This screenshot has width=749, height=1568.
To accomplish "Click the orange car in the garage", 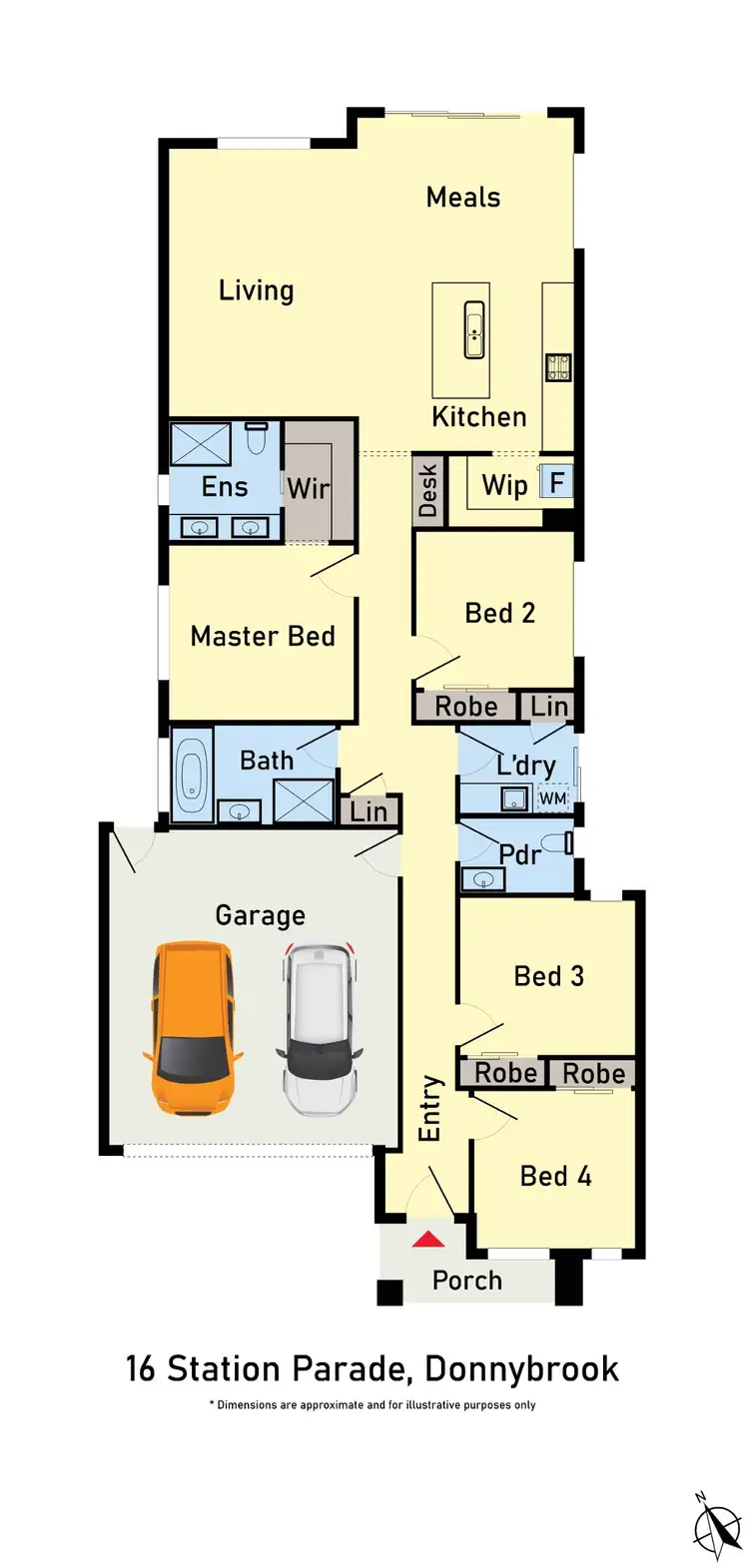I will [192, 1028].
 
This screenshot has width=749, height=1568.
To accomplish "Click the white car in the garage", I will [319, 1029].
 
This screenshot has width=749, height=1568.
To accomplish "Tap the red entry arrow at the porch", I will [428, 1240].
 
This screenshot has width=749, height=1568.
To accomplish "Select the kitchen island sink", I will [474, 330].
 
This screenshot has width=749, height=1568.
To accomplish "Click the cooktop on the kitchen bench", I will [557, 367].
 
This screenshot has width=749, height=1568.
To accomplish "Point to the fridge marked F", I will [556, 483].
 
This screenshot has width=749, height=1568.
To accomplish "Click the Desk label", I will [427, 490].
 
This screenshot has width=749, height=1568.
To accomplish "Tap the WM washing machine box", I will [552, 798].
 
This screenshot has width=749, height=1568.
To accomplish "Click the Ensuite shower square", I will [201, 444].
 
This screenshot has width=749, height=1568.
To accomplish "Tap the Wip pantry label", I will [504, 486].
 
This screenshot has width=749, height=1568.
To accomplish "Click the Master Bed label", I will [263, 637].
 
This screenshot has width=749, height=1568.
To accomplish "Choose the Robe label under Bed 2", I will [465, 707].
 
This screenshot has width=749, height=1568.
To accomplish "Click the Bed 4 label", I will [555, 1177].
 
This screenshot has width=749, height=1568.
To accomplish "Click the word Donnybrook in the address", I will [521, 1368].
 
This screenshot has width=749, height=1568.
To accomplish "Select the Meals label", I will [463, 198].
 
